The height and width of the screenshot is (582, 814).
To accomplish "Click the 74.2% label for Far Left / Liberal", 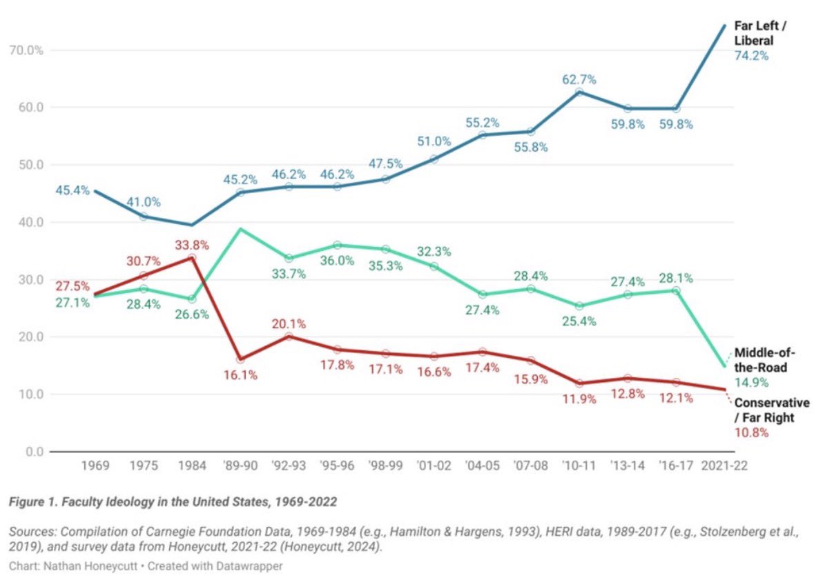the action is [751, 55].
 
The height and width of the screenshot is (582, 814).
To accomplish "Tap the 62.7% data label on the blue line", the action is [579, 79].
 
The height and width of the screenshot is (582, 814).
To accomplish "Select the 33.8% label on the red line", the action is [191, 245].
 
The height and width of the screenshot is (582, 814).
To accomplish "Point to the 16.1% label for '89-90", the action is [240, 375].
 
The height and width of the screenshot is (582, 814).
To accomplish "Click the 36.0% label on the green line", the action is [337, 261].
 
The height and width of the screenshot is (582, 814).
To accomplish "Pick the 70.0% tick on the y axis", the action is [26, 50].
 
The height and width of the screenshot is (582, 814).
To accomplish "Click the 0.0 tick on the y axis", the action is [35, 452].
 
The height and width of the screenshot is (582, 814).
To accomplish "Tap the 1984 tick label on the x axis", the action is [192, 466].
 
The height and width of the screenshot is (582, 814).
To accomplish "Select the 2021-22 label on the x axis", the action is [724, 466].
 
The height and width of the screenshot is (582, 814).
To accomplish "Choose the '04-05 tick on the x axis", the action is [483, 466].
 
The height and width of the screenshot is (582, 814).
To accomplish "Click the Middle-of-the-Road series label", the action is [764, 360].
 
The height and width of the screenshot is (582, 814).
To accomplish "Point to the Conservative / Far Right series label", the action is [771, 410].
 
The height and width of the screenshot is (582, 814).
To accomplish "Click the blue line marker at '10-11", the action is [579, 92].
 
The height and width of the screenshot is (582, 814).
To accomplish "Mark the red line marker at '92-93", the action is [289, 337].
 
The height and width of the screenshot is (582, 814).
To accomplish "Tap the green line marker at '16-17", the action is [676, 291].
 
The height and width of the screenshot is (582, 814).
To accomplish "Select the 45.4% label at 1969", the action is [72, 190].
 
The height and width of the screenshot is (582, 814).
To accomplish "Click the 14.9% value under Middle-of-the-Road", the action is [751, 383].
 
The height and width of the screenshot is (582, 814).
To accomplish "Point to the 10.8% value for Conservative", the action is [751, 432].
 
